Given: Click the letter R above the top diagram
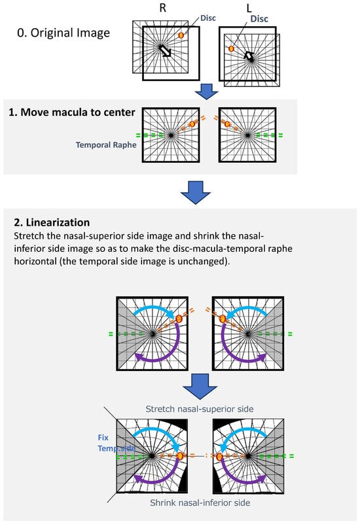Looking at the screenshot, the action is (x=163, y=8).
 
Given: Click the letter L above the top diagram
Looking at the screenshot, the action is (x=249, y=8).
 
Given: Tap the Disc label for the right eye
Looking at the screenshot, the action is (x=208, y=18).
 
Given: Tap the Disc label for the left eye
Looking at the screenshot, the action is (x=259, y=19).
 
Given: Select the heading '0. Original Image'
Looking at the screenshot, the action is (x=63, y=33).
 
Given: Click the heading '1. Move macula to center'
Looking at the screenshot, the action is (x=72, y=113).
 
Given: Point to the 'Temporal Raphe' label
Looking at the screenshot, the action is (x=106, y=145).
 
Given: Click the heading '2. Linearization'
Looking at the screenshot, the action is (x=52, y=222).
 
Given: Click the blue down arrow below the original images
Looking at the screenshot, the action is (x=206, y=91).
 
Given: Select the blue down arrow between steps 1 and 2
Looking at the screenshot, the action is (x=196, y=192).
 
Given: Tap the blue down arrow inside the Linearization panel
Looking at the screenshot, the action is (x=200, y=387).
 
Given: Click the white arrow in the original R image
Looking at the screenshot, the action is (x=165, y=51).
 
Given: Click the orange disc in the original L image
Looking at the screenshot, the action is (x=231, y=49).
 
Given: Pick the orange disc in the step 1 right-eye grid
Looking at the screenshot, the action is (x=192, y=124).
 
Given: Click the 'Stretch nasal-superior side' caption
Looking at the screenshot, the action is (x=200, y=409).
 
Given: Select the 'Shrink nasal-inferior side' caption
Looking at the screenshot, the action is (x=200, y=502).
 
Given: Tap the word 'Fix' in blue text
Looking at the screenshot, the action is (x=103, y=438).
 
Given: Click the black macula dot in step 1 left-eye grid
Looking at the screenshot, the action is (x=247, y=135).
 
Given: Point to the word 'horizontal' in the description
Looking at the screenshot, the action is (x=35, y=261).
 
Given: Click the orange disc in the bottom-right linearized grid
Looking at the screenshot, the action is (x=219, y=457).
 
